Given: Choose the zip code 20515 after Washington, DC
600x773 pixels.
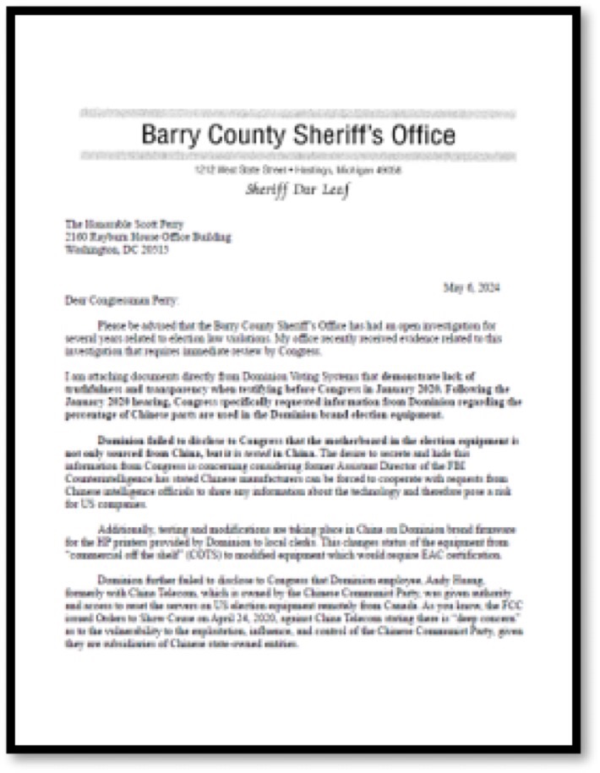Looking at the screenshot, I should pyautogui.click(x=153, y=249).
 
